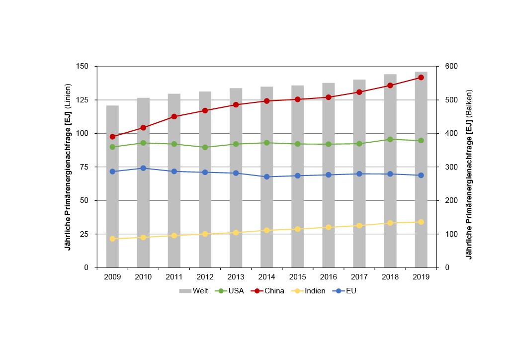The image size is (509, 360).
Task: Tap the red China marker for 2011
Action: click(174, 116)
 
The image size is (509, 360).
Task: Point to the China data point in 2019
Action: click(421, 78)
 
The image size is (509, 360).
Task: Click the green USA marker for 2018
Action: click(390, 139)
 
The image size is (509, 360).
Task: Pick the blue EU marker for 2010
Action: click(143, 168)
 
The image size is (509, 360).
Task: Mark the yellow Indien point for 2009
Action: click(112, 239)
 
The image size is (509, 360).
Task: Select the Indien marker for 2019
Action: click(421, 222)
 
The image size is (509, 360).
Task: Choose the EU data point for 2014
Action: click(266, 177)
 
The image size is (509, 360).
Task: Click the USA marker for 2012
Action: click(205, 147)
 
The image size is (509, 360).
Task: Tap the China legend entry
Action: click(268, 291)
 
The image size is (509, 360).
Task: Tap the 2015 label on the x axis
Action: click(297, 276)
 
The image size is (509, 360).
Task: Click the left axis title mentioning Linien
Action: click(70, 167)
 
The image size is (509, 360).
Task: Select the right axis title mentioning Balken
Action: click(469, 174)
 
